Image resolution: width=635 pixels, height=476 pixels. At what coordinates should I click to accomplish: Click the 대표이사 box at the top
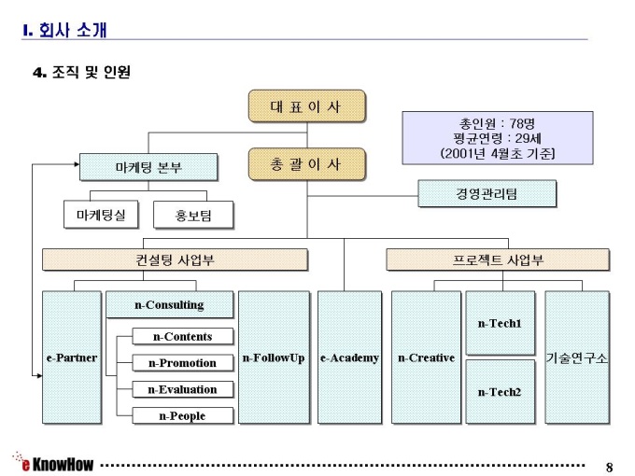306,107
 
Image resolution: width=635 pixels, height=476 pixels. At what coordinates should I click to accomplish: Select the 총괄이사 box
306,164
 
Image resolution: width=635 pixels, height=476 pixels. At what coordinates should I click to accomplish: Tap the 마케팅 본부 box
148,168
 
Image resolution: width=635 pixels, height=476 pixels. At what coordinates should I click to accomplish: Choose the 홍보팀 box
193,216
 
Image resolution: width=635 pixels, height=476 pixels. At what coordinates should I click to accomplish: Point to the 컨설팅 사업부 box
175,259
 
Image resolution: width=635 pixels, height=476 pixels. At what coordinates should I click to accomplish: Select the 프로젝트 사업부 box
498,259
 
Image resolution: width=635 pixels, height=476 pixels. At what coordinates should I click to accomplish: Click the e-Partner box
72,357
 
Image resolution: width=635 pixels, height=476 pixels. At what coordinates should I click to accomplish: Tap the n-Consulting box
169,305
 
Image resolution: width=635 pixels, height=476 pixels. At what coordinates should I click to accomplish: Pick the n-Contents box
182,337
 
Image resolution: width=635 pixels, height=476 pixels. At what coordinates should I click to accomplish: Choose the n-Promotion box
182,363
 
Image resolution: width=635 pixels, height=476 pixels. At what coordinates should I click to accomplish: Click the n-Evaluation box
182,389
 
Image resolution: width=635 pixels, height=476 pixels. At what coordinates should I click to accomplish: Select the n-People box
182,415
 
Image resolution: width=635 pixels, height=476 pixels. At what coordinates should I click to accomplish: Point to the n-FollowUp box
274,357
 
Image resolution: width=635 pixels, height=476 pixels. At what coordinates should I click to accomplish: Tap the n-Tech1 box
500,324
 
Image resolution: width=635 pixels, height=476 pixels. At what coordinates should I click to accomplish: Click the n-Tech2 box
500,391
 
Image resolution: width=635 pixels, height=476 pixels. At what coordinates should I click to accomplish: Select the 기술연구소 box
577,357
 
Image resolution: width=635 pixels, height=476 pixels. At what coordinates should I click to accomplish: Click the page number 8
610,466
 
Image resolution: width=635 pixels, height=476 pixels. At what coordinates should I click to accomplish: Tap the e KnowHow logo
53,463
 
